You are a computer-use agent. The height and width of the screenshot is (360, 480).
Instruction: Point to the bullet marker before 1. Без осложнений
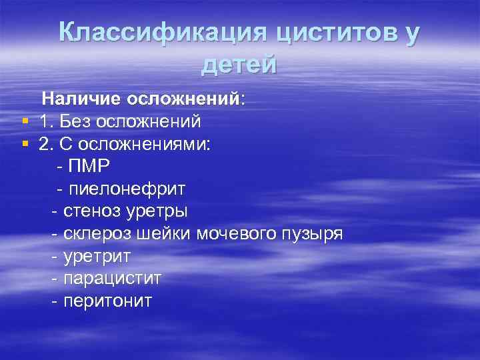[25, 121]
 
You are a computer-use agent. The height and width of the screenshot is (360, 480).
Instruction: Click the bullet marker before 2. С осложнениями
[25, 144]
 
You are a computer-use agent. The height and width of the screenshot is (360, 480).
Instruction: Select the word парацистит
[112, 279]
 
